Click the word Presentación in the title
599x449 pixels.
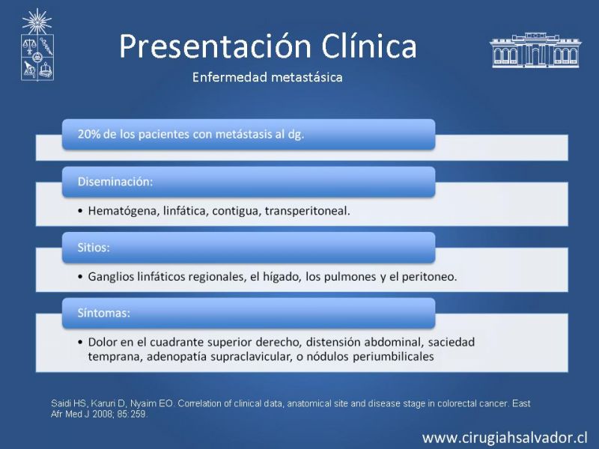tap(215, 47)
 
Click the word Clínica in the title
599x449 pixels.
tap(368, 46)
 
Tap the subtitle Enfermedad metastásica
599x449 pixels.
tap(267, 77)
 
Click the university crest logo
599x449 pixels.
tap(37, 45)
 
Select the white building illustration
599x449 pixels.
tap(535, 50)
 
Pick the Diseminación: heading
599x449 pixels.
tap(115, 181)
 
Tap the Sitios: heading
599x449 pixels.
tap(94, 248)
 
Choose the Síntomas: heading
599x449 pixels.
tap(103, 313)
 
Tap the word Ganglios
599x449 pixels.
tap(110, 276)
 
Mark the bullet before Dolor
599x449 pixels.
tap(80, 342)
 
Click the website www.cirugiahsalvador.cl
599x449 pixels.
tap(505, 438)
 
